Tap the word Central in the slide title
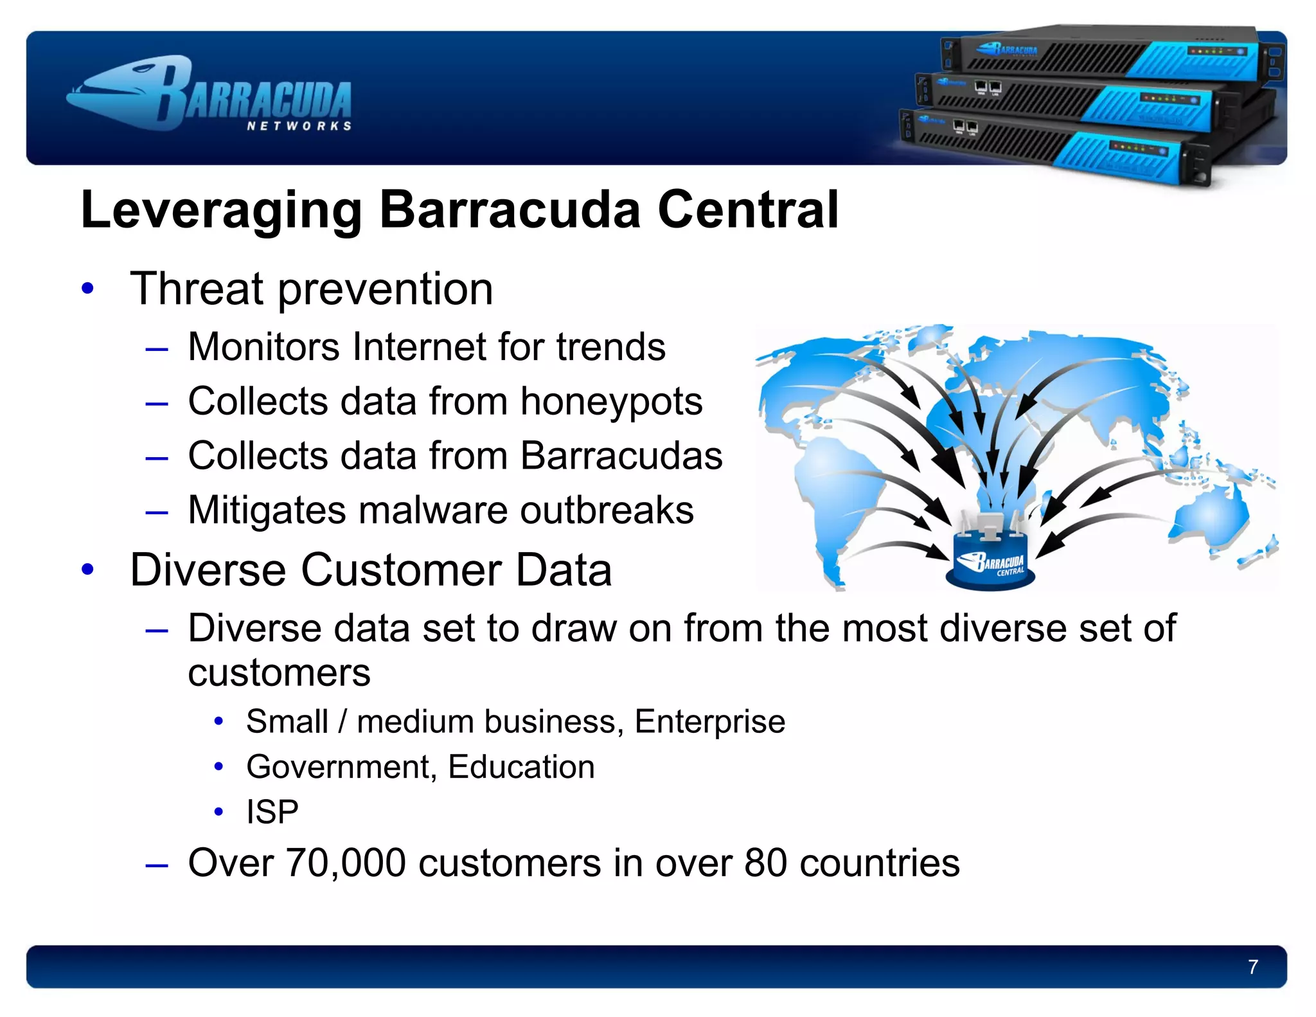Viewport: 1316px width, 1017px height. coord(748,210)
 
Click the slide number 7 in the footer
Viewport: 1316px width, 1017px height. coord(1252,967)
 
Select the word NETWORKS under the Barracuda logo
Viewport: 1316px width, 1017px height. coord(299,126)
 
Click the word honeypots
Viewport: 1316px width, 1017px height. coord(611,402)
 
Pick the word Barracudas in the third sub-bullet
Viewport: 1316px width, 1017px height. coord(621,456)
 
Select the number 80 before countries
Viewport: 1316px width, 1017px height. coord(765,863)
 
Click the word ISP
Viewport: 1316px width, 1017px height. coord(272,812)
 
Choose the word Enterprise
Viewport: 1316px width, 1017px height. coord(709,721)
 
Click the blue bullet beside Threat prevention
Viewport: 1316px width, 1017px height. coord(88,289)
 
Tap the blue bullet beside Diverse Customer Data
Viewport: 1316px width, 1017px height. coord(88,570)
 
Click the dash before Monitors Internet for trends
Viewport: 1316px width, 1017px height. coord(157,349)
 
